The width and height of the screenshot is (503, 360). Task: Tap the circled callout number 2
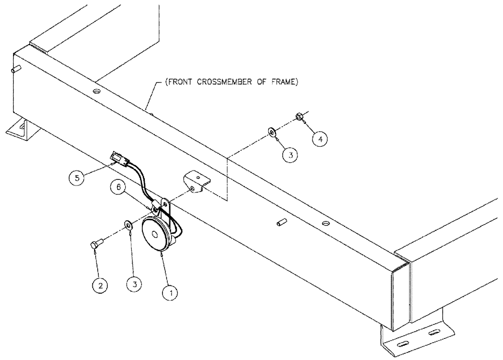pyautogui.click(x=101, y=286)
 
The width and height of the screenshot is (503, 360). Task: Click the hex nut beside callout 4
pyautogui.click(x=299, y=117)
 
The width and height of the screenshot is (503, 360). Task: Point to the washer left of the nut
pyautogui.click(x=272, y=132)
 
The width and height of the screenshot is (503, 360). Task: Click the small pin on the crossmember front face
pyautogui.click(x=280, y=222)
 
